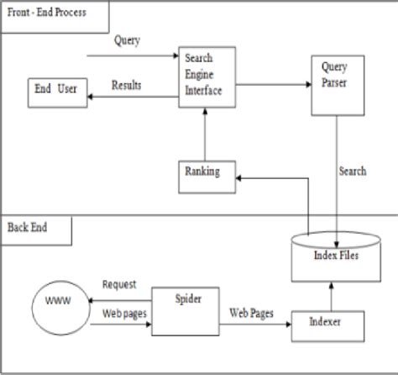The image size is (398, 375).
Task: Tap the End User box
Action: coord(56,92)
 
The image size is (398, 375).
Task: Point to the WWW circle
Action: coord(57,299)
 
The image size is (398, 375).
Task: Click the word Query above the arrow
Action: coord(128,40)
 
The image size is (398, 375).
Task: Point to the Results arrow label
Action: coord(127,85)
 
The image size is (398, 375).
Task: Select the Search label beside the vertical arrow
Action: coord(353,171)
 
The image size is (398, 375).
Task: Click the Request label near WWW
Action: coord(120,285)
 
